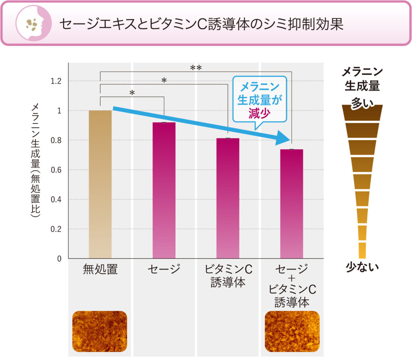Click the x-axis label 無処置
[x=100, y=269]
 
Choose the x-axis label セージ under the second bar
[x=164, y=269]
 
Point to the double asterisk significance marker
[x=196, y=68]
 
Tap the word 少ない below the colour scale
[x=362, y=267]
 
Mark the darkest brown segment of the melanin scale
[x=362, y=112]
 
